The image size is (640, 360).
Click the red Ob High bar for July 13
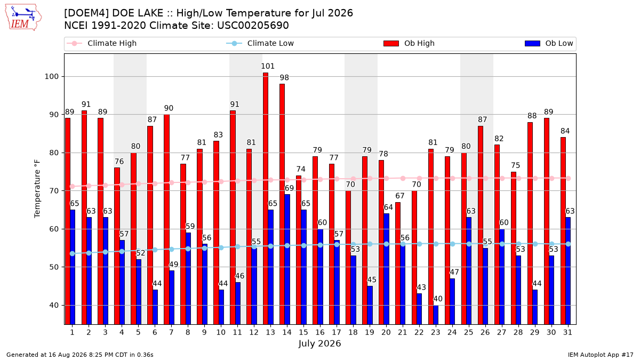click(266, 198)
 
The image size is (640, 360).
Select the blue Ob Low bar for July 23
click(436, 315)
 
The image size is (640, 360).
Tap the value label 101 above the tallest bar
click(268, 66)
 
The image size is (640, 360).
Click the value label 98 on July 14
click(284, 78)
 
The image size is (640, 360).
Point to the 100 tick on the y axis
click(51, 77)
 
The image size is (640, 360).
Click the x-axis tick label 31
click(567, 332)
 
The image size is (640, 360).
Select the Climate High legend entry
click(101, 43)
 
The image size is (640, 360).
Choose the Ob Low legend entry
click(549, 43)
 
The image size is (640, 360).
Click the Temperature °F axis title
click(37, 189)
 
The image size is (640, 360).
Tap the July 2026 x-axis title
click(319, 343)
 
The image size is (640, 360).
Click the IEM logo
click(23, 18)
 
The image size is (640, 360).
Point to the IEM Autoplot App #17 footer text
click(601, 355)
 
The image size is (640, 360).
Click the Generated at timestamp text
click(79, 355)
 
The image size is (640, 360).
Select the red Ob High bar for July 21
click(398, 263)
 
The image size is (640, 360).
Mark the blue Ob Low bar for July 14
click(287, 259)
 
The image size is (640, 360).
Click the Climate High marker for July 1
click(73, 186)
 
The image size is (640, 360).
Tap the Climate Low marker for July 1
click(73, 254)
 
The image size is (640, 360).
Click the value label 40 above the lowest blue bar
click(438, 299)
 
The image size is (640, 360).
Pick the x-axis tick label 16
click(320, 332)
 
